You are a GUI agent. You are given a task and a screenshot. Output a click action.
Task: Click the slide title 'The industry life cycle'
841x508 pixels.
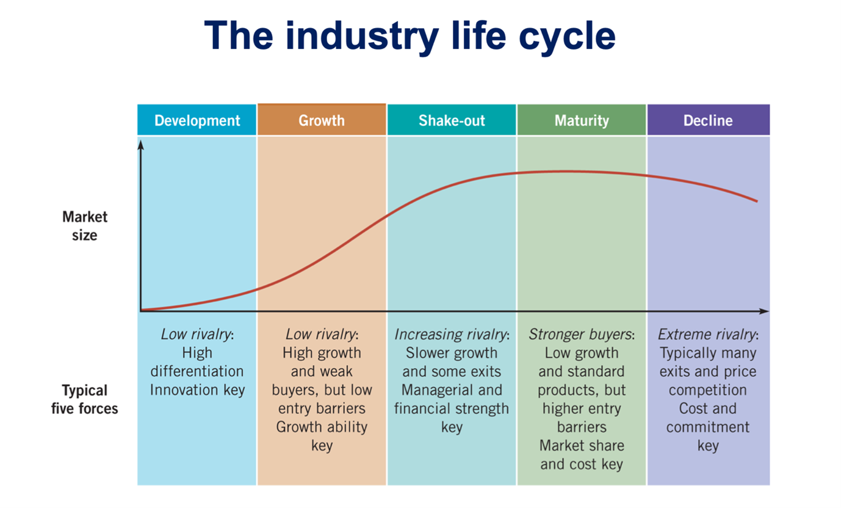410,35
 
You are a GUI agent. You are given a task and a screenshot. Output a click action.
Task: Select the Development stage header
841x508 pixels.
197,120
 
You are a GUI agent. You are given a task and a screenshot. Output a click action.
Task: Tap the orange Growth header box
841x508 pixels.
322,120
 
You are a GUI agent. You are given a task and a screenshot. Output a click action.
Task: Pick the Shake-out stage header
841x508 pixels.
452,120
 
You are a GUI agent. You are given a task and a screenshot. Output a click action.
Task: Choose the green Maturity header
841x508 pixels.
581,120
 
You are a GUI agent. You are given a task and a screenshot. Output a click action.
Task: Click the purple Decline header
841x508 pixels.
708,120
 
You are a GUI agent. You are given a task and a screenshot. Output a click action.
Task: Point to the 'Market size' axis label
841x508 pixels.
84,226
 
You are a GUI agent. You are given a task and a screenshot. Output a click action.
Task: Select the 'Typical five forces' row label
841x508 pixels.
85,399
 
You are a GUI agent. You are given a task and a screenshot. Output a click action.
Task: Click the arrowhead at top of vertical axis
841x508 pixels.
141,145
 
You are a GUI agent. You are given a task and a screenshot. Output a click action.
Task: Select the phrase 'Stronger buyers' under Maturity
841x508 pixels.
580,335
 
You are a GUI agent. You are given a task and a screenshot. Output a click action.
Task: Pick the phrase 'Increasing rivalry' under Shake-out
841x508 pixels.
450,335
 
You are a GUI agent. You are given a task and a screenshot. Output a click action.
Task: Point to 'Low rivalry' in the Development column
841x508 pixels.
196,335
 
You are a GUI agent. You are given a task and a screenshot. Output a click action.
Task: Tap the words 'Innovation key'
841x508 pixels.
197,390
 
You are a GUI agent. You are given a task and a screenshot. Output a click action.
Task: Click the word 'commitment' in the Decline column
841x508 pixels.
708,427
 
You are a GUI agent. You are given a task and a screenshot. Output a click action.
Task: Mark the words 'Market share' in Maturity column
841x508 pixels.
582,445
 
